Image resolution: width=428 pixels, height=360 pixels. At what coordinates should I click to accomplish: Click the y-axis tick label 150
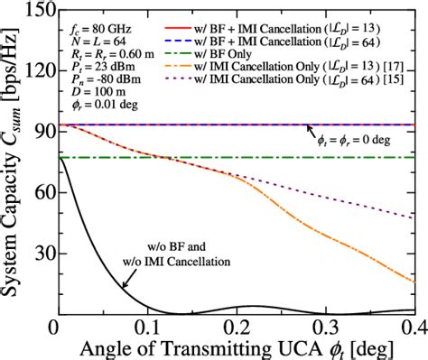click(x=37, y=11)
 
